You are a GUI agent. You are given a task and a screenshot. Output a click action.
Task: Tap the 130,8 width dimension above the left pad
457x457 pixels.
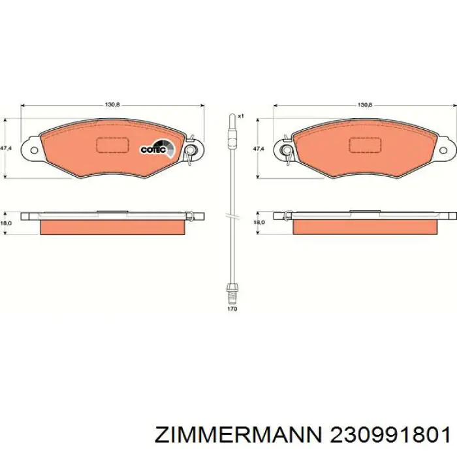(112, 105)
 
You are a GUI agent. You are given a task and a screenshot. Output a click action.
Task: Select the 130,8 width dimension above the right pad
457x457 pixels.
(365, 105)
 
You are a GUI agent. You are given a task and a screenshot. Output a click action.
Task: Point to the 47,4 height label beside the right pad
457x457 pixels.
(259, 149)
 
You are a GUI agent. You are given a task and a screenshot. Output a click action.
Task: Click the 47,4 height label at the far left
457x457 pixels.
(5, 148)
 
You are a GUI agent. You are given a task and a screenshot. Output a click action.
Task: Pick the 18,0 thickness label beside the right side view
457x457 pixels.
(259, 222)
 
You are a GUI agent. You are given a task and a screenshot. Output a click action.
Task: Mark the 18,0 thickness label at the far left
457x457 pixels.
(5, 223)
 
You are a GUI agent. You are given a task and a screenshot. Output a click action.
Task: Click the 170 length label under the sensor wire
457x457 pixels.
(232, 309)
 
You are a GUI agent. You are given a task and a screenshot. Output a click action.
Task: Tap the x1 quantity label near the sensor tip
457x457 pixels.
(241, 116)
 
